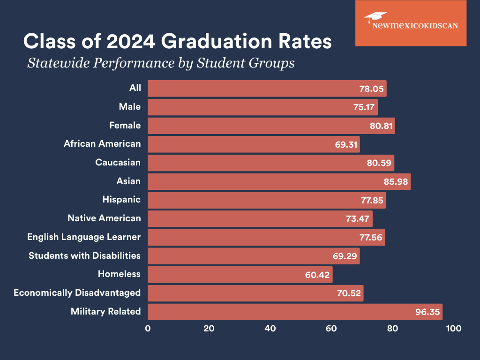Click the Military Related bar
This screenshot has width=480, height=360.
(295, 312)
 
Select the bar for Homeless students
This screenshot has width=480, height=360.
(240, 274)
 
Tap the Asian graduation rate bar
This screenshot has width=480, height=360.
(279, 181)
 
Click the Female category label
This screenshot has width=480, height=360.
(125, 125)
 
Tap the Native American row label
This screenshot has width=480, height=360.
(104, 218)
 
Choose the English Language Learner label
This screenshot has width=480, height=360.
(84, 237)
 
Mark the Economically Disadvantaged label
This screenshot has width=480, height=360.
(77, 292)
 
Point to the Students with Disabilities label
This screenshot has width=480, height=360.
(84, 255)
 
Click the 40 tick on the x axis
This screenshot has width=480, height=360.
(270, 329)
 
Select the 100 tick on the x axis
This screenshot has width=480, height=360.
(454, 329)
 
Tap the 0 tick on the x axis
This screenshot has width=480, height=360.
(148, 329)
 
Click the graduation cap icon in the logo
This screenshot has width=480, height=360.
(375, 17)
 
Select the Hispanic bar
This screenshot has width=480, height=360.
(267, 200)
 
